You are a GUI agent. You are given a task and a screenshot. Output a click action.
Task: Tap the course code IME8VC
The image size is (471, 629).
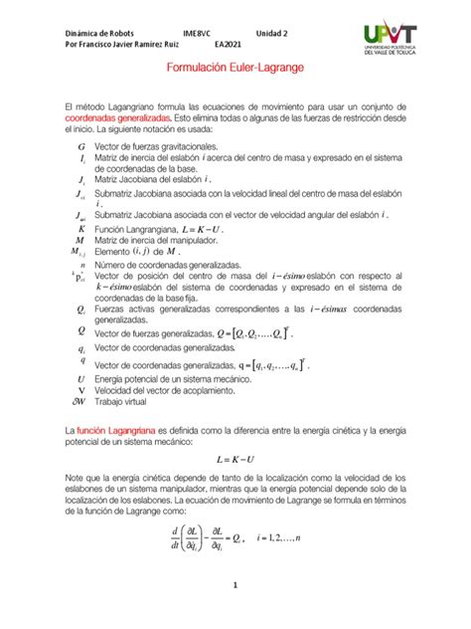pos(196,32)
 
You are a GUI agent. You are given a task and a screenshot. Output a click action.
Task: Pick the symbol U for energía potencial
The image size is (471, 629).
pos(79,379)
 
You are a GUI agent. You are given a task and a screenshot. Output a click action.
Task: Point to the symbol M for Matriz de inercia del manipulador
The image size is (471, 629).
pos(79,240)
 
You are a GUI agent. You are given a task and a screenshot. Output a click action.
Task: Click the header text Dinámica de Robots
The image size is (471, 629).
pos(99,32)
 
